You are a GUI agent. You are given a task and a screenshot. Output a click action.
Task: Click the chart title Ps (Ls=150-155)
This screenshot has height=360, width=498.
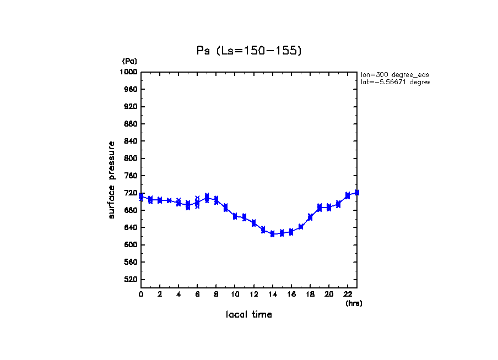(x=249, y=51)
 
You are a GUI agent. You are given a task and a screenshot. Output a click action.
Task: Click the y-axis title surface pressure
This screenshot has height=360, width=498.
(x=112, y=179)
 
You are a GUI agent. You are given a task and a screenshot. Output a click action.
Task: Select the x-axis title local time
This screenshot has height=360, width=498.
(x=249, y=315)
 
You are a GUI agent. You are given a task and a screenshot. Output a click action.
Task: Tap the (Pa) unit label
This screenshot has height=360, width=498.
(x=129, y=61)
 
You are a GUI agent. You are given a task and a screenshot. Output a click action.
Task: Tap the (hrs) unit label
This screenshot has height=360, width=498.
(x=354, y=303)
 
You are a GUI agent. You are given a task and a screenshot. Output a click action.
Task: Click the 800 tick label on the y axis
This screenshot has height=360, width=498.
(x=131, y=159)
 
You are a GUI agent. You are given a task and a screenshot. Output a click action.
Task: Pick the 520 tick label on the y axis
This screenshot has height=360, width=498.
(x=131, y=280)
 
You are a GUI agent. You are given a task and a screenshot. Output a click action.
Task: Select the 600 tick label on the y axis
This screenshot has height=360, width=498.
(x=131, y=245)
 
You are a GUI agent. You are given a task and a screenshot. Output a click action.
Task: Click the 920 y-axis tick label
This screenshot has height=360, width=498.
(x=131, y=106)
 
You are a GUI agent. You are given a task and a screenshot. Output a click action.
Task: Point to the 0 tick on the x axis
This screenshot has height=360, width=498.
(x=141, y=294)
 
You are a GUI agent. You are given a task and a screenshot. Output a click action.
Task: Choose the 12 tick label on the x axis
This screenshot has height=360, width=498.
(x=253, y=294)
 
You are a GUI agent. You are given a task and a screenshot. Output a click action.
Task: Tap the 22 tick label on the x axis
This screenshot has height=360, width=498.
(x=348, y=294)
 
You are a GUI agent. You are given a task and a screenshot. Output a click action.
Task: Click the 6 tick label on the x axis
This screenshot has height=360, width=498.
(x=197, y=294)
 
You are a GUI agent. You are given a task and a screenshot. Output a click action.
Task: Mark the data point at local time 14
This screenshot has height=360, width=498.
(x=272, y=234)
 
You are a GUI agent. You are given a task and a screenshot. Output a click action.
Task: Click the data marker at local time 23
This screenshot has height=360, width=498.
(x=357, y=192)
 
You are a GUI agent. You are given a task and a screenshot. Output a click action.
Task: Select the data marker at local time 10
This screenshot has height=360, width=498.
(x=235, y=216)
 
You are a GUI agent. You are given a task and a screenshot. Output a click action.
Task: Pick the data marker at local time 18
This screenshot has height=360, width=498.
(x=310, y=217)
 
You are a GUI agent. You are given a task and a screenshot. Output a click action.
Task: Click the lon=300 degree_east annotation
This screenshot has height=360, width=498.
(x=394, y=74)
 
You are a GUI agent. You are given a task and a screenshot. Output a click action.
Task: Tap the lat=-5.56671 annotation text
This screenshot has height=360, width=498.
(x=394, y=82)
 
